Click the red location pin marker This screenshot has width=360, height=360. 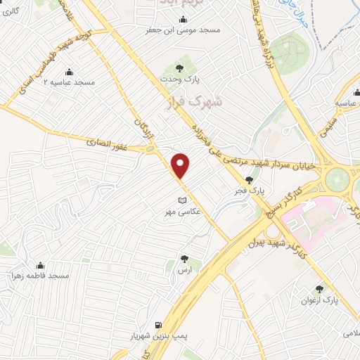[181, 165]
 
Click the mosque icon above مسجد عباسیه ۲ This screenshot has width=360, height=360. [69, 72]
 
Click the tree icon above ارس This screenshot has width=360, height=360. [184, 259]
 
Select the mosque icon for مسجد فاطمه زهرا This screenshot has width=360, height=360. [39, 265]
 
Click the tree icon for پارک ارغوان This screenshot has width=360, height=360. [320, 288]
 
